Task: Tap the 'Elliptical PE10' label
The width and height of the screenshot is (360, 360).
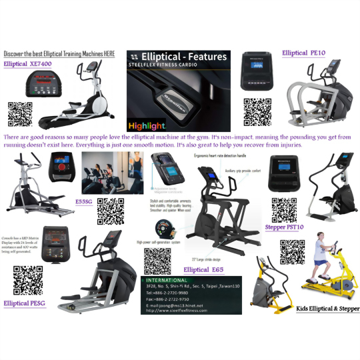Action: (x=303, y=53)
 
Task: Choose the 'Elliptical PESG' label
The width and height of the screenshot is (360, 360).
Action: (x=26, y=303)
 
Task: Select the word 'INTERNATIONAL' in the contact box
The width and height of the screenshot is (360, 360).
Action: (x=169, y=281)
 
